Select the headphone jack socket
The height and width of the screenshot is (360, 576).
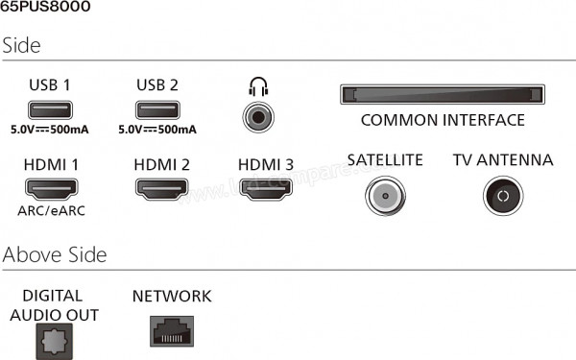(257, 117)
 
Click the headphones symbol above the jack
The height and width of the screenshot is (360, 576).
(256, 88)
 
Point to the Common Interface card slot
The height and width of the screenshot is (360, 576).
(442, 95)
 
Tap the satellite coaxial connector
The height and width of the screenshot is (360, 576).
(384, 196)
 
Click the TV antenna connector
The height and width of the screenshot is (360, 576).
(501, 196)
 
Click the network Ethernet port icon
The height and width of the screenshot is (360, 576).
(172, 331)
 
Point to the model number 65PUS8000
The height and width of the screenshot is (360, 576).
(47, 9)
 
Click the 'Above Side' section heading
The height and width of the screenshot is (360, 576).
(55, 254)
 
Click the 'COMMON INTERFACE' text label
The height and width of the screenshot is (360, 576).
(443, 121)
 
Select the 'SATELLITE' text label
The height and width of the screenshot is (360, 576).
(385, 159)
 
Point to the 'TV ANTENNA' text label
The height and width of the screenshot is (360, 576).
(503, 159)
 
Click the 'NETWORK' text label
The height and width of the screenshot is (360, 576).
(172, 297)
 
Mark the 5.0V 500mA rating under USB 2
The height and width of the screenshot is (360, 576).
(157, 129)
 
